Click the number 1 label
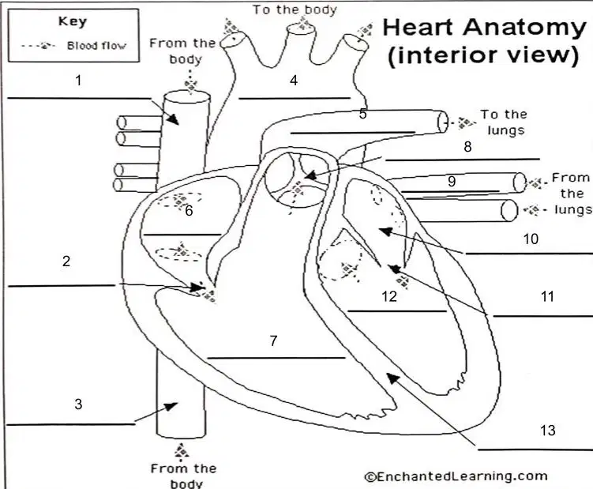click(78, 81)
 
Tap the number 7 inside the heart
click(274, 340)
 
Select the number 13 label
click(547, 430)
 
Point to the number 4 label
click(294, 81)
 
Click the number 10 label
click(531, 239)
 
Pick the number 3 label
click(78, 404)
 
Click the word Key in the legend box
click(73, 21)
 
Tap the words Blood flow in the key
click(96, 46)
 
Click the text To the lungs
click(503, 122)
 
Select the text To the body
click(295, 9)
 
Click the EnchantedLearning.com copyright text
click(456, 476)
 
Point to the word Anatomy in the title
click(524, 27)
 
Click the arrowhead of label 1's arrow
click(174, 119)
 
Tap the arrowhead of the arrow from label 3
click(171, 407)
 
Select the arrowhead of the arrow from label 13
click(392, 378)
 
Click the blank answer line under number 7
click(276, 358)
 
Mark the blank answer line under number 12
click(397, 311)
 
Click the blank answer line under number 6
click(182, 235)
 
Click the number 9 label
click(452, 181)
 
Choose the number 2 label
click(66, 261)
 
